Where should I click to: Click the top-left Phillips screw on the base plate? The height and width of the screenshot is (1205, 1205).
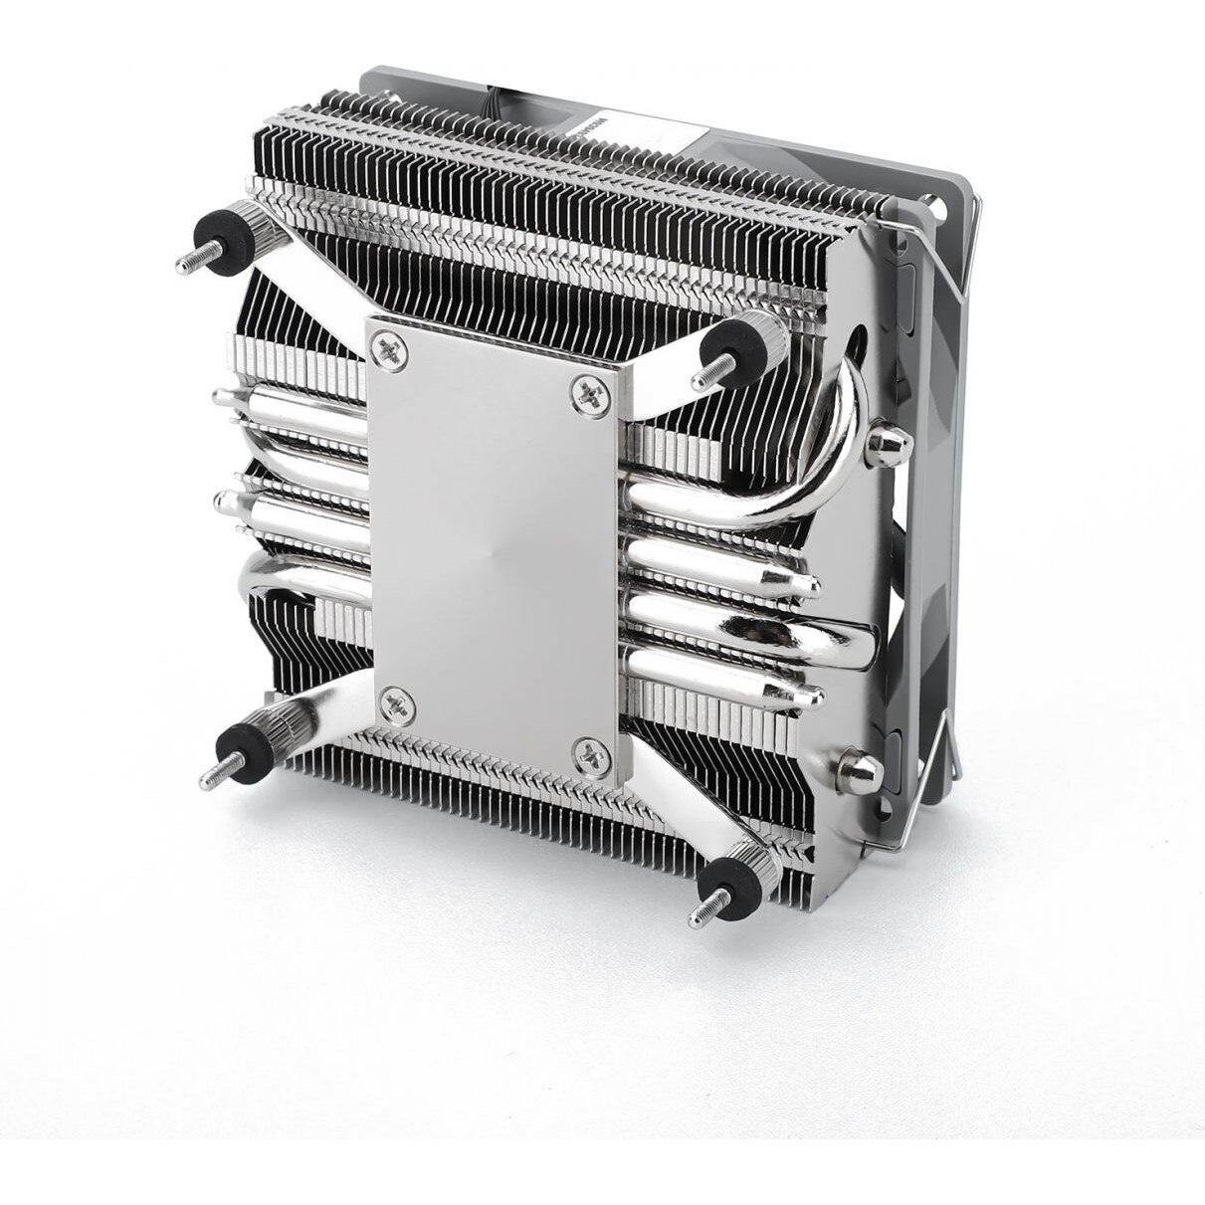point(385,347)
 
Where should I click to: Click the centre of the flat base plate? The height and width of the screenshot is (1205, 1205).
point(498,547)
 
